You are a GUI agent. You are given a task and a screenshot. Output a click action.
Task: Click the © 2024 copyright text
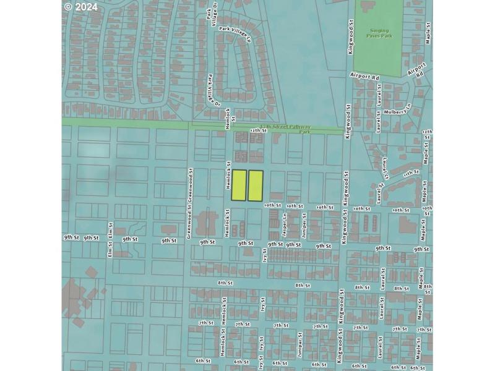click(80, 7)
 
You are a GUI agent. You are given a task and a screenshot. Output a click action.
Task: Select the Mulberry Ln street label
click(397, 112)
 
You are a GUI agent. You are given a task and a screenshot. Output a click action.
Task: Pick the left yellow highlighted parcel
click(239, 185)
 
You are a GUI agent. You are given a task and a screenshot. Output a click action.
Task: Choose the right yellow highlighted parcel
click(256, 185)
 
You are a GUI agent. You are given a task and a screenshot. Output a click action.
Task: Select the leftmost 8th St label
click(225, 283)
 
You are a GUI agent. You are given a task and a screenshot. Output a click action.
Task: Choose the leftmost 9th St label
click(71, 237)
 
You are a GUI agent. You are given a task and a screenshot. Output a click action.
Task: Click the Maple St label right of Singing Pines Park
click(428, 34)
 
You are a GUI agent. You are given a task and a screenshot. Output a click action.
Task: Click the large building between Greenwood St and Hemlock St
click(205, 223)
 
